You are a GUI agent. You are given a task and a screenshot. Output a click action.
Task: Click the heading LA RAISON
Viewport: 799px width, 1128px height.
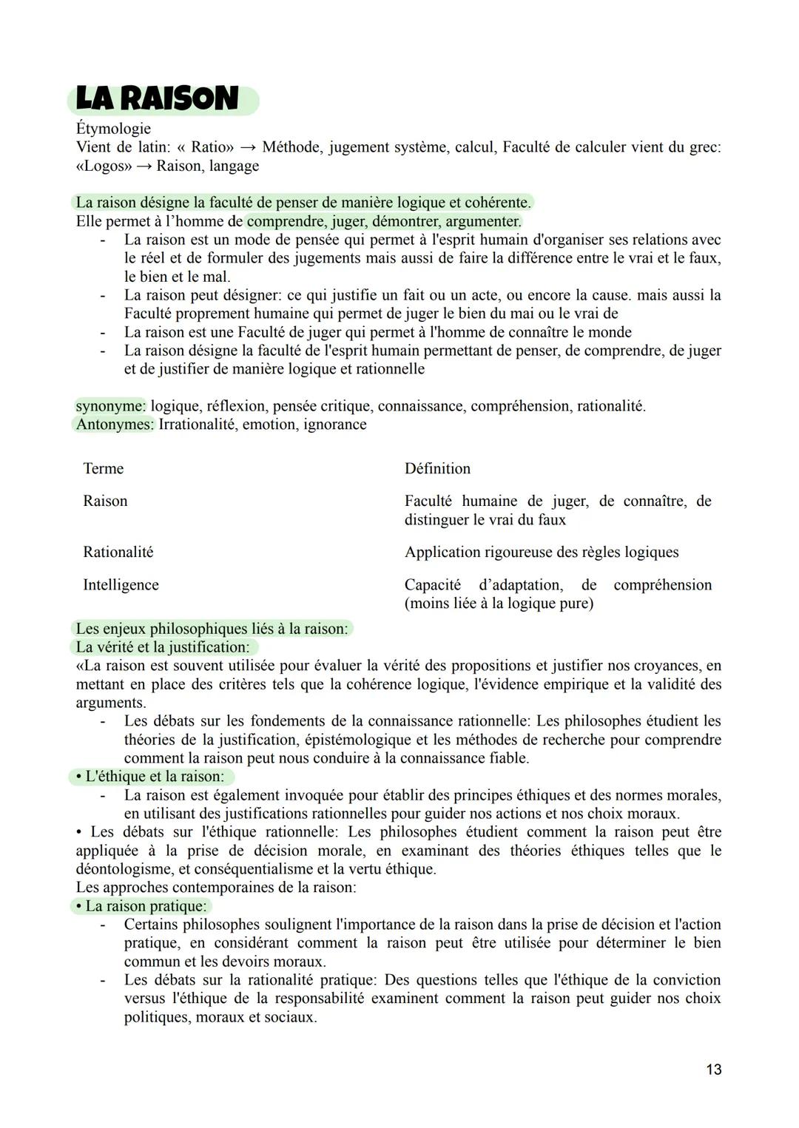tap(158, 99)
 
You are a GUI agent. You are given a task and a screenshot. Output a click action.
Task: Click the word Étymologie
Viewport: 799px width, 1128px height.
tap(113, 129)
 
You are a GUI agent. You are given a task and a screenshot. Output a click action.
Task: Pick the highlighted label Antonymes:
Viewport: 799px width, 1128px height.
tap(115, 425)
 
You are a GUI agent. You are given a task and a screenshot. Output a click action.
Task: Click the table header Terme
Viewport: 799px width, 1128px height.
tap(104, 469)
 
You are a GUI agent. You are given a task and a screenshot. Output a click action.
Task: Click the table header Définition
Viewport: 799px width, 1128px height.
tap(437, 469)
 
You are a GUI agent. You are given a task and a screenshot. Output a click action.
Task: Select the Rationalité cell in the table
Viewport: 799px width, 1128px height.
tap(118, 553)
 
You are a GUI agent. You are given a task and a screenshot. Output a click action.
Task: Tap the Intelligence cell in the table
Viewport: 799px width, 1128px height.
tap(121, 585)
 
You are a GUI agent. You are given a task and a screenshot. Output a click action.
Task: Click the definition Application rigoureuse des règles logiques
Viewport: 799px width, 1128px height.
tap(541, 553)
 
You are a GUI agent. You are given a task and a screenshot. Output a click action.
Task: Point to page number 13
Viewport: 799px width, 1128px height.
tap(713, 1070)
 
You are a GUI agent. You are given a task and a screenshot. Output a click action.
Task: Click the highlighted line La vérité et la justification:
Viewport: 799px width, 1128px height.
tap(163, 647)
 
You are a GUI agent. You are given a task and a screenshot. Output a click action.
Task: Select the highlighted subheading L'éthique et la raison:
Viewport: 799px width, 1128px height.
tap(155, 777)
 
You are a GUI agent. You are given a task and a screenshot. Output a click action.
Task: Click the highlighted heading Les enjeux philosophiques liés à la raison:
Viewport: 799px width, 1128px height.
tap(212, 629)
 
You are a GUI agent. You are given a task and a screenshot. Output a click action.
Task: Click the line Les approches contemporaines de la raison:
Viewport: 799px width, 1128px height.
tap(215, 888)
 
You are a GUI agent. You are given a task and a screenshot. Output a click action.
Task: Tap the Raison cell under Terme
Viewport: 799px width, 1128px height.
tap(105, 501)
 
